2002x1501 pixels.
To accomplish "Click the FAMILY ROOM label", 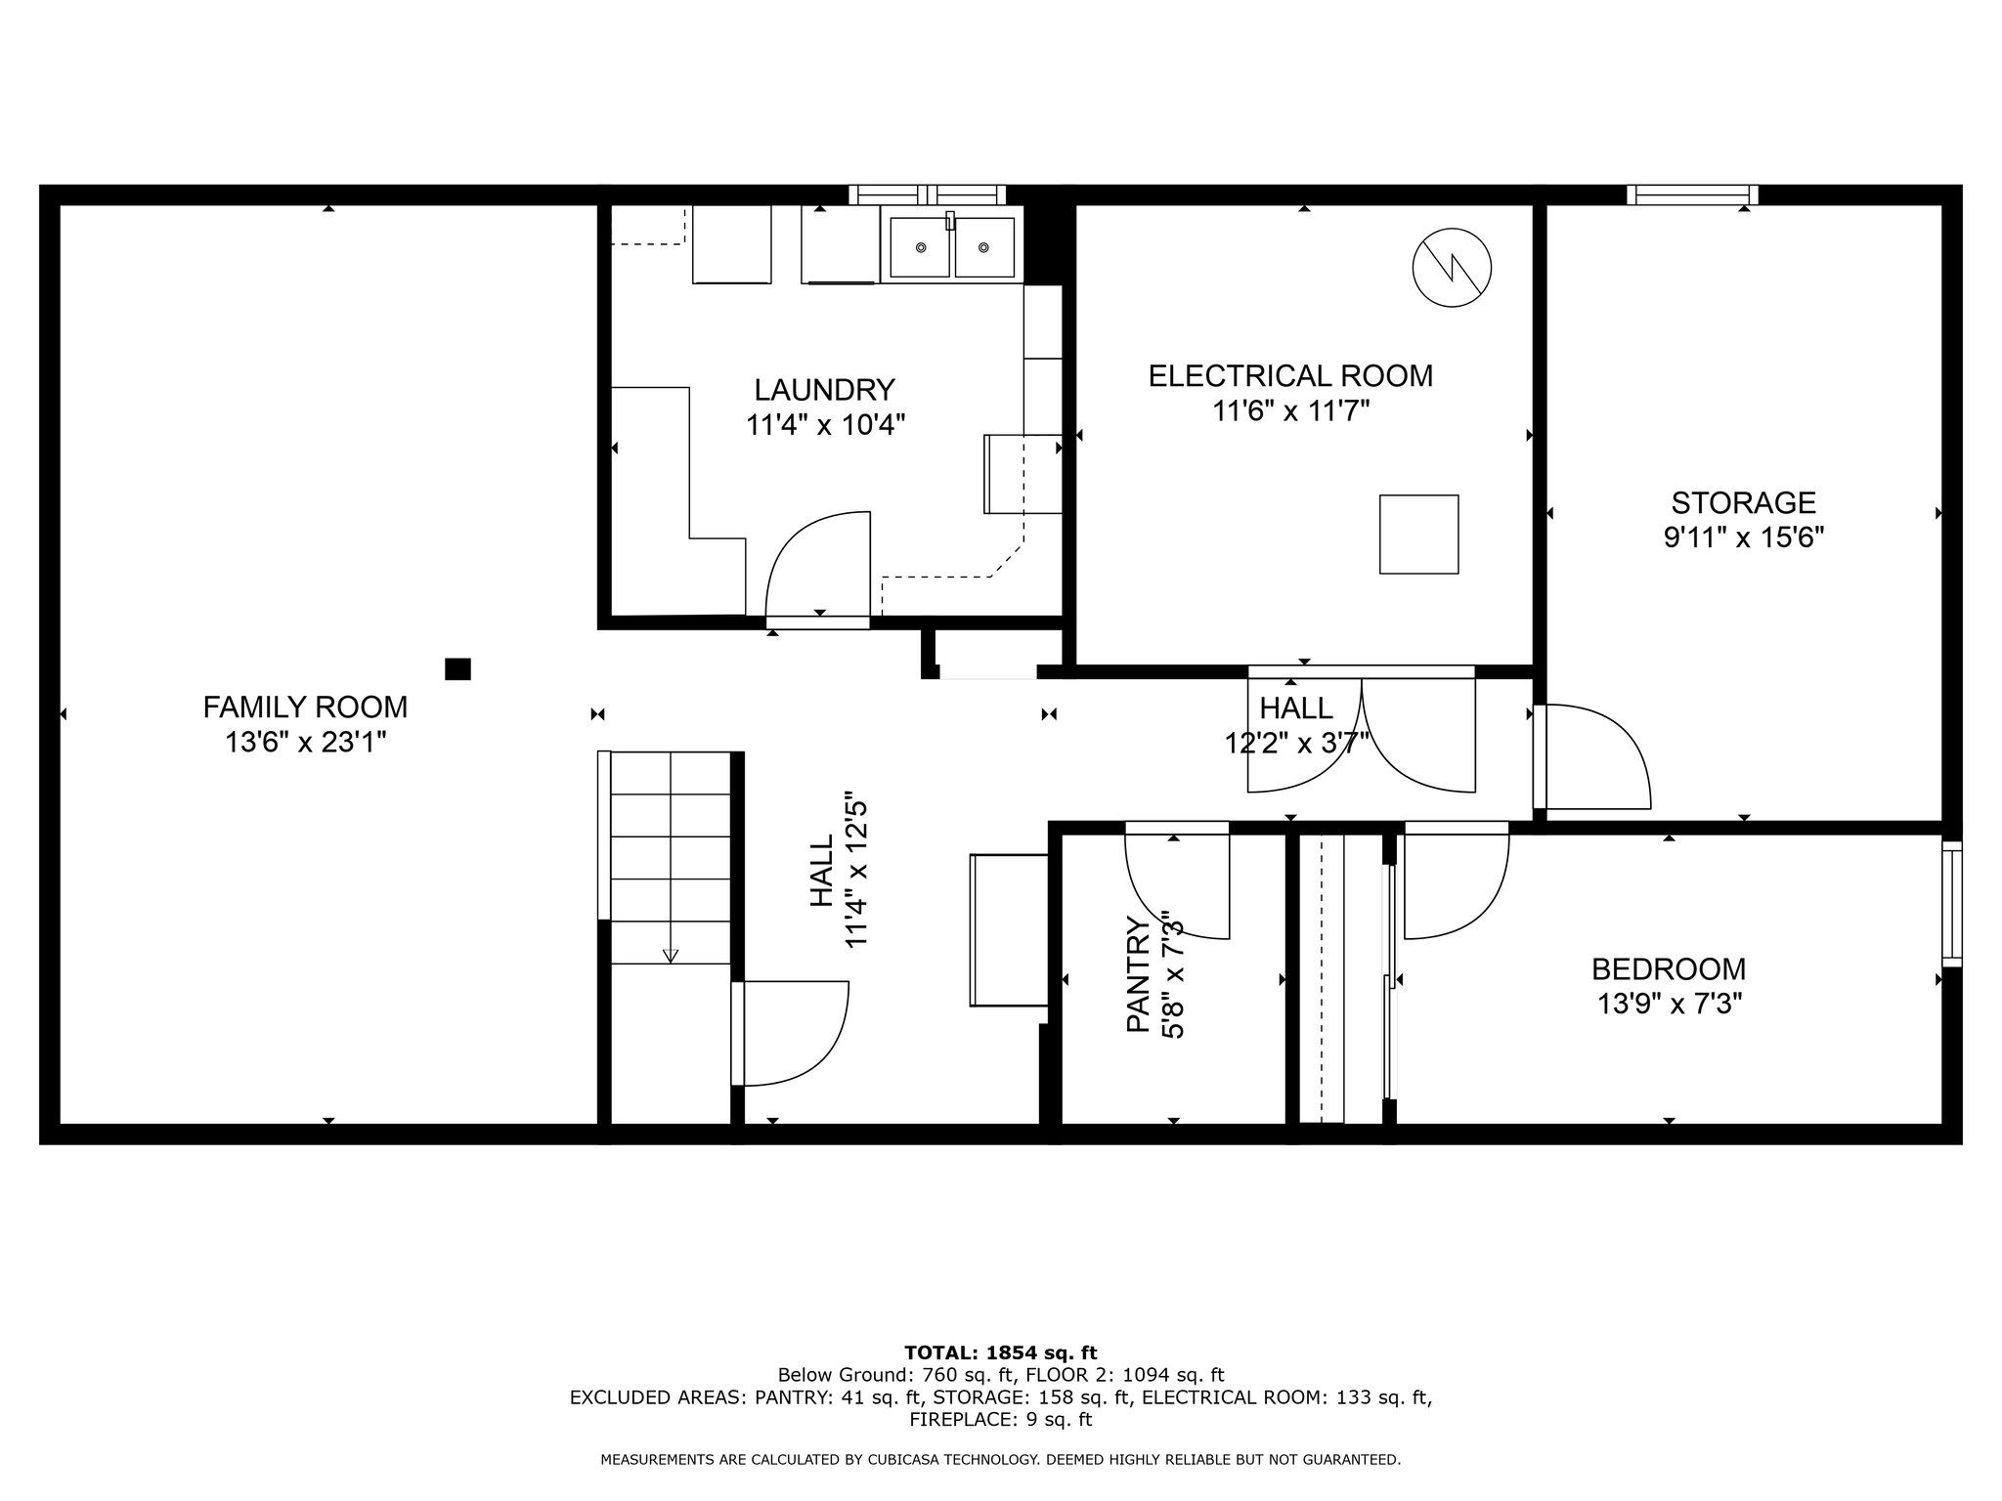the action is click(305, 706).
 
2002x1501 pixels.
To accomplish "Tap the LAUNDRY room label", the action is click(824, 390).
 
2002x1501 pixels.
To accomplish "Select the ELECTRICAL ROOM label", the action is click(1290, 376).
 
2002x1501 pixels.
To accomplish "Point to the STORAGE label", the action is click(1744, 502).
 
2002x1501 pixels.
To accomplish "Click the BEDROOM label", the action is click(1669, 968).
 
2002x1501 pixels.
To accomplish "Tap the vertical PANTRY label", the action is click(1138, 974).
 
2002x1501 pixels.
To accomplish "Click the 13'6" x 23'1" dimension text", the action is click(306, 743).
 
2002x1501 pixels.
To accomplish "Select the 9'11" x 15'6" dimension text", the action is click(1744, 538).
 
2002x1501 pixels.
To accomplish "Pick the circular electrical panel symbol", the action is click(1453, 267).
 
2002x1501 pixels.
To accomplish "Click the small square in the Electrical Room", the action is click(1418, 534).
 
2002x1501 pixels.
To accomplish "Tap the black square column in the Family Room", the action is click(457, 668).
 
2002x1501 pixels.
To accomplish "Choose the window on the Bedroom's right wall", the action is click(1951, 904).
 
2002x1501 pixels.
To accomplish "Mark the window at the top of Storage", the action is click(1692, 195).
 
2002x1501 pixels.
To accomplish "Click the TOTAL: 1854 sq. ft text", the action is click(1001, 1353).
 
